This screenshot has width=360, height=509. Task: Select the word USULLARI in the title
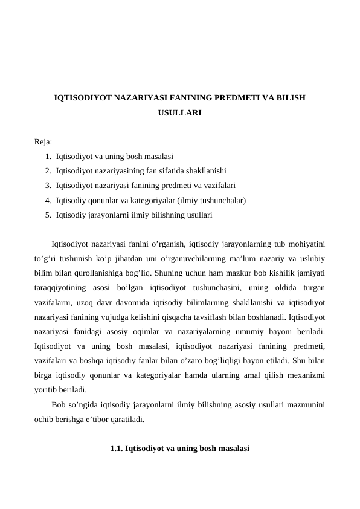pyautogui.click(x=179, y=113)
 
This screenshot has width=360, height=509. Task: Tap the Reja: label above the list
pyautogui.click(x=43, y=142)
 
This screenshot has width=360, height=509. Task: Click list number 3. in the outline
pyautogui.click(x=48, y=185)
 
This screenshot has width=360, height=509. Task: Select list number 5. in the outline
pyautogui.click(x=48, y=214)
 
